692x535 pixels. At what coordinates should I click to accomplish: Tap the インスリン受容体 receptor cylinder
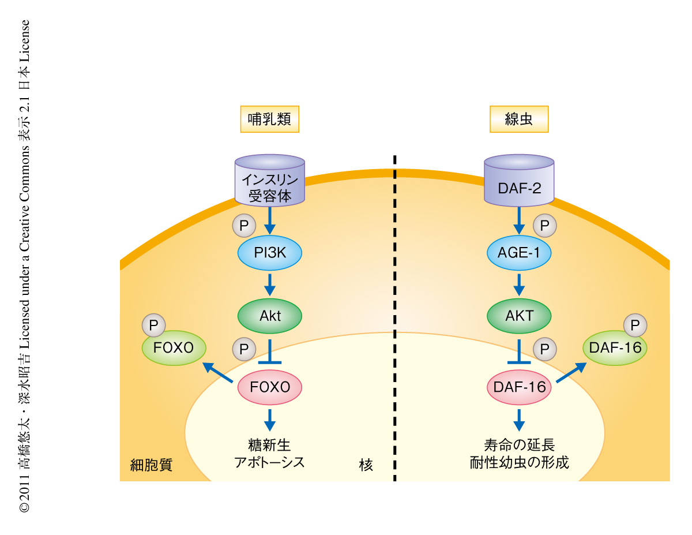270,180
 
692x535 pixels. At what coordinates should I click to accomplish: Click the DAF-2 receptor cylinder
519,181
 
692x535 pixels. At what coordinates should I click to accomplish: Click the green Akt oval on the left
270,316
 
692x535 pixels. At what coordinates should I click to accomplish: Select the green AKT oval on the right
519,316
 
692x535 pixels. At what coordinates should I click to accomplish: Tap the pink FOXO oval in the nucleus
270,387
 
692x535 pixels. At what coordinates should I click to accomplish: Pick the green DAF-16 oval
615,347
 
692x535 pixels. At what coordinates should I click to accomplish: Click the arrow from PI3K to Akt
270,284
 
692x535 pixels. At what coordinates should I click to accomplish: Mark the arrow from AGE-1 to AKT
519,284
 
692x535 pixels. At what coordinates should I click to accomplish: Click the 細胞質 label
151,465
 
